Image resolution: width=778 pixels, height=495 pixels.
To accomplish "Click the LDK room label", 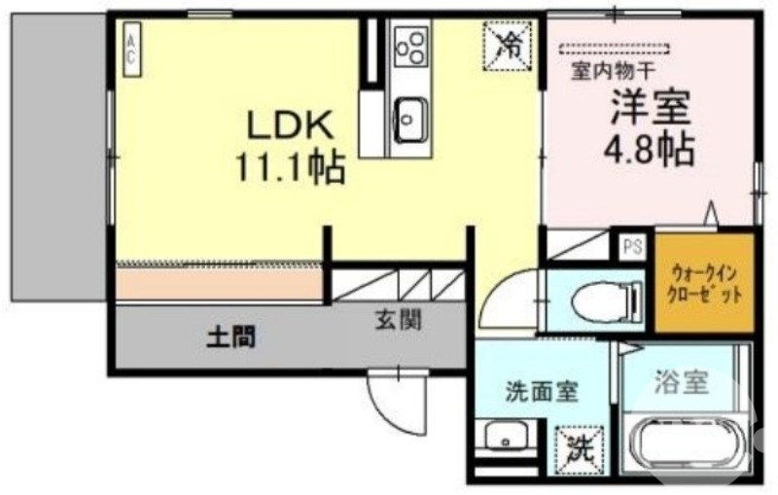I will [290, 125].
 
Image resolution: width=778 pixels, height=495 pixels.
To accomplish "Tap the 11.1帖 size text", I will [290, 169].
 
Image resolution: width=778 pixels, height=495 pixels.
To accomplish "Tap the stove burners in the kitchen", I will [409, 44].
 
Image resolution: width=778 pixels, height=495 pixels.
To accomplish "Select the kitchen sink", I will [409, 120].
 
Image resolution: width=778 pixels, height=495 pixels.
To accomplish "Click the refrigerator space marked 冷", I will [507, 43].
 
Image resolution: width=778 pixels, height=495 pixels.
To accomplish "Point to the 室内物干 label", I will [613, 69].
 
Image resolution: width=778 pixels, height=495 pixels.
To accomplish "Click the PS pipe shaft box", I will [633, 246].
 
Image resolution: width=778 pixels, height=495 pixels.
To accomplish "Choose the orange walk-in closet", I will [707, 281].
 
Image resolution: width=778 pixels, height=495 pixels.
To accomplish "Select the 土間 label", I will [232, 338].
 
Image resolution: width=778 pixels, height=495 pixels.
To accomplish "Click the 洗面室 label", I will [541, 393].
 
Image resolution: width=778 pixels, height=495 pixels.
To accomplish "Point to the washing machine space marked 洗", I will [580, 449].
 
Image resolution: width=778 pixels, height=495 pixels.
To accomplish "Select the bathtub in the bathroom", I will [688, 446].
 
